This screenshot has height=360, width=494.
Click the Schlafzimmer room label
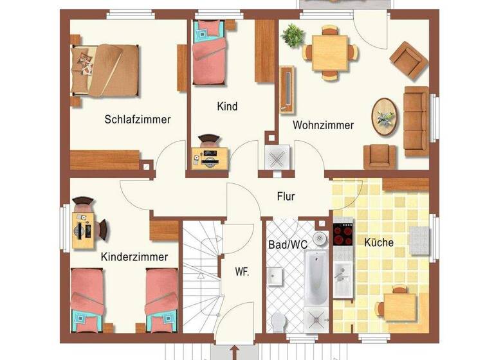138,119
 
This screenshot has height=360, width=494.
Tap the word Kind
227,106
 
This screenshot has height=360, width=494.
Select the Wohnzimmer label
323,125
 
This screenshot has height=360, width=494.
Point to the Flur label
286,196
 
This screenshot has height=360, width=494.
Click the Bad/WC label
287,244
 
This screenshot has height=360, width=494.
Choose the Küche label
379,242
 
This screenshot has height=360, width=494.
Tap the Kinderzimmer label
134,256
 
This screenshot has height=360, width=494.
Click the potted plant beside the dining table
292,35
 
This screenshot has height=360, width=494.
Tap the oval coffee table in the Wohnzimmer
385,117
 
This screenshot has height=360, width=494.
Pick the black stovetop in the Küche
342,233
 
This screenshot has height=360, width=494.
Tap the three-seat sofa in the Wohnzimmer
416,121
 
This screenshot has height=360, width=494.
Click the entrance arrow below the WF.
233,352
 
